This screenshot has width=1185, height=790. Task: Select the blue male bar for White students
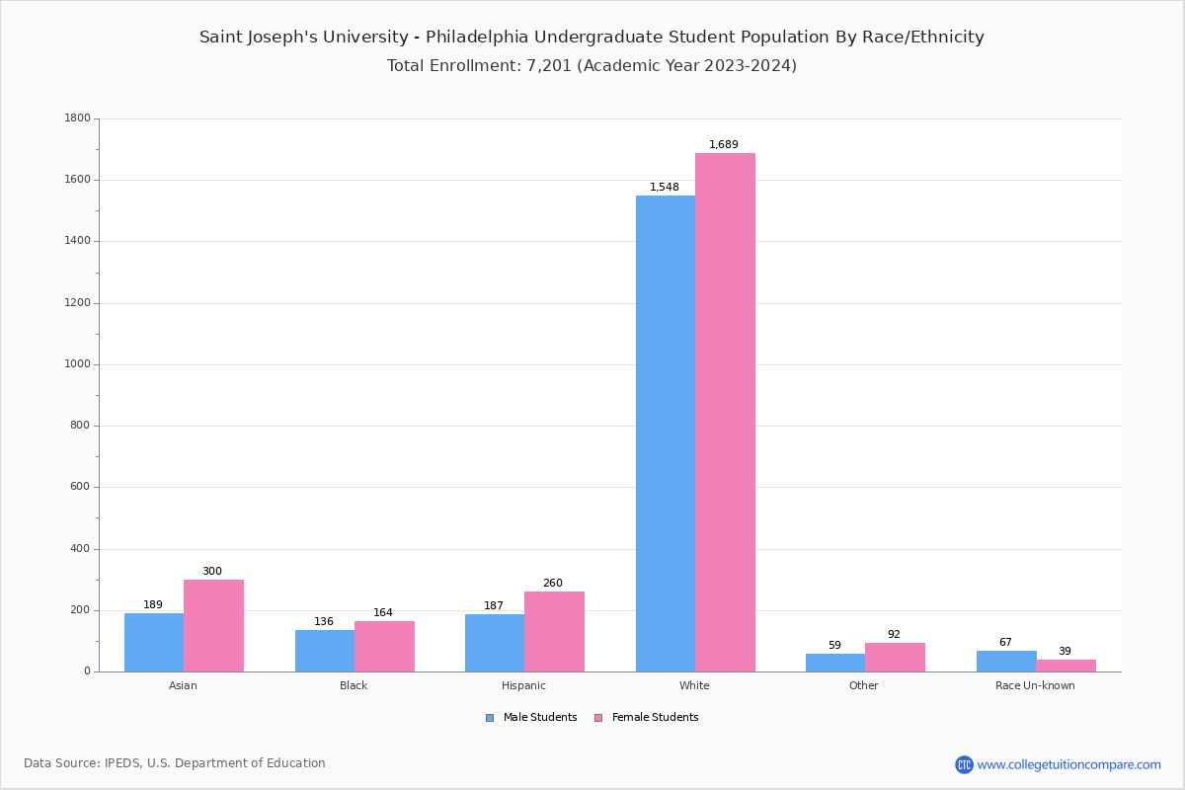click(666, 434)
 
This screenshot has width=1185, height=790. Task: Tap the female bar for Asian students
click(213, 625)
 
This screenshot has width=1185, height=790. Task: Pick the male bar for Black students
click(325, 651)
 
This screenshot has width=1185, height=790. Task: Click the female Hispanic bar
click(554, 631)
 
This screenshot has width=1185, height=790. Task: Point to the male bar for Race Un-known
click(1006, 662)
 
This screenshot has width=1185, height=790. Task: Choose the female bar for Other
click(895, 658)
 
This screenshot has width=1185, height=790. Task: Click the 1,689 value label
click(724, 145)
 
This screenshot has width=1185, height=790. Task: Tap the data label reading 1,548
click(665, 188)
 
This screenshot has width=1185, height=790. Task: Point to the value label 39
click(1065, 652)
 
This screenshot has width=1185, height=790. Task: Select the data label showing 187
click(494, 606)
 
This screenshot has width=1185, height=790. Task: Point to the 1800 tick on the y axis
click(77, 118)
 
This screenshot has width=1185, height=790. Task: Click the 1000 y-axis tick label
click(77, 364)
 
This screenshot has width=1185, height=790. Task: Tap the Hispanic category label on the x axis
click(523, 685)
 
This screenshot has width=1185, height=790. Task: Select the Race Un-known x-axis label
click(1035, 685)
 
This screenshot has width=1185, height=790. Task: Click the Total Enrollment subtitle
click(592, 66)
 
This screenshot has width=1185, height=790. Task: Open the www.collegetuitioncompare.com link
click(1068, 764)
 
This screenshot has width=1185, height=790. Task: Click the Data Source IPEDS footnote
click(175, 763)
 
